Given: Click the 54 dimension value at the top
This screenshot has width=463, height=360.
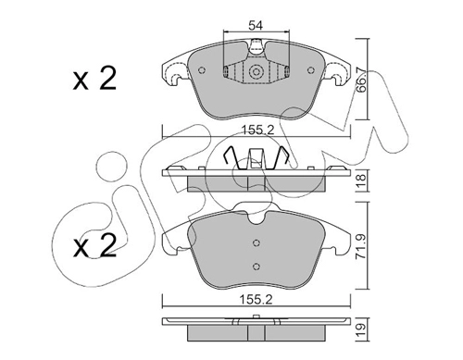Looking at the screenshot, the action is (x=256, y=26).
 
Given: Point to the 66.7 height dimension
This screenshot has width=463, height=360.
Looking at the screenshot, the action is (x=360, y=80).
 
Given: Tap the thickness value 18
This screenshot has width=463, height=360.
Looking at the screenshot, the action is (x=361, y=180).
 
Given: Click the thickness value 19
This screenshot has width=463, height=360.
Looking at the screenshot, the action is (x=361, y=329).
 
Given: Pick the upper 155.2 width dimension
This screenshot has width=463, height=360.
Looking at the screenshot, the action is (x=257, y=130).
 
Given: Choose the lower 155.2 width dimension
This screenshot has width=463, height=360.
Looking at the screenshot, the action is (x=257, y=300).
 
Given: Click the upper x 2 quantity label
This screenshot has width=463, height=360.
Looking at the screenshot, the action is (x=94, y=80).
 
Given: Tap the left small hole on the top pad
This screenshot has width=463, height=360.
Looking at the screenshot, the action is (x=202, y=70).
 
